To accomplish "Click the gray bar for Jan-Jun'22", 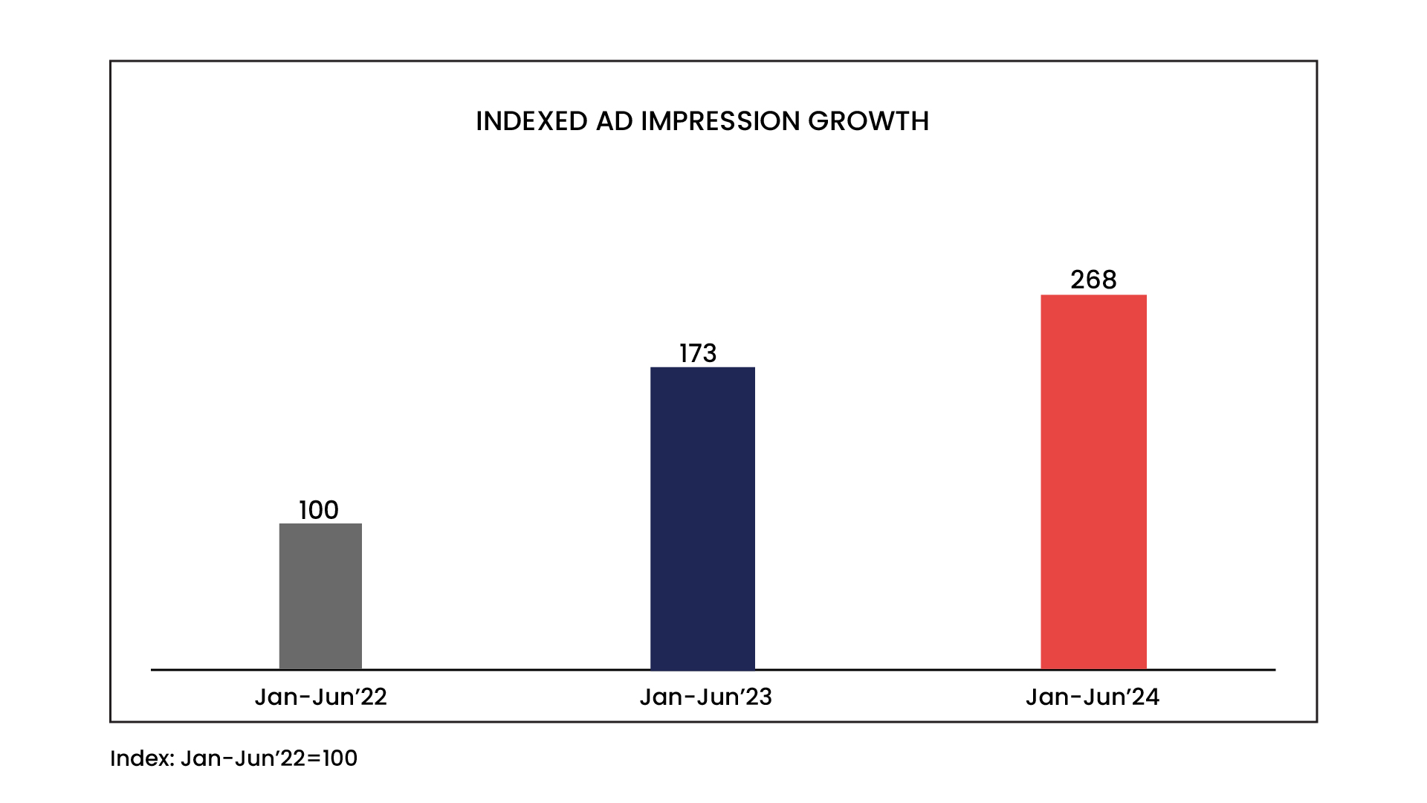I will tap(320, 596).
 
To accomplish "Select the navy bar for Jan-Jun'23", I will tap(702, 518).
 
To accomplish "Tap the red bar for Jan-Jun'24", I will tap(1093, 482).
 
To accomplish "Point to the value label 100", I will tap(319, 510).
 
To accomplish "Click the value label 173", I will tap(698, 353).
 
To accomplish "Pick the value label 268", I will tap(1093, 280).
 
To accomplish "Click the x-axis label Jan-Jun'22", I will tap(320, 697).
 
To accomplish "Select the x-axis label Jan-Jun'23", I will tap(705, 697).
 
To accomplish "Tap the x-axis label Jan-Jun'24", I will tap(1092, 697).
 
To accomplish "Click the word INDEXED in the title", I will tap(531, 121).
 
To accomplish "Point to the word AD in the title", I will tap(614, 121).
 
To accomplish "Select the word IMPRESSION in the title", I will tap(719, 121).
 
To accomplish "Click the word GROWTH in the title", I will tap(868, 121).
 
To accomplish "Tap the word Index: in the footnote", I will tap(142, 758).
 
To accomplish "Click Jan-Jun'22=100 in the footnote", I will tap(268, 758).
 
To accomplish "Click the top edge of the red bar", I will tap(1093, 296).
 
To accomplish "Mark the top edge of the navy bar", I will tap(702, 368).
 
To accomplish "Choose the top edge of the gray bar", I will tap(320, 524).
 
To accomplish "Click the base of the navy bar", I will tap(702, 668).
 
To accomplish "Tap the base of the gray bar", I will tap(320, 668).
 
